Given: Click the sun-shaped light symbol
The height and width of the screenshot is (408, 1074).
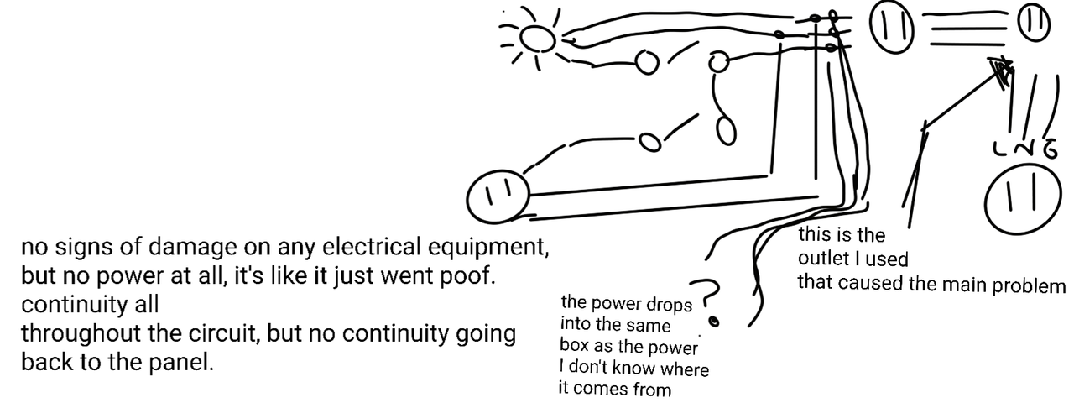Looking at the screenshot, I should click(537, 38).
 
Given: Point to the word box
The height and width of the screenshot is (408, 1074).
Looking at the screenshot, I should click(577, 346).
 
